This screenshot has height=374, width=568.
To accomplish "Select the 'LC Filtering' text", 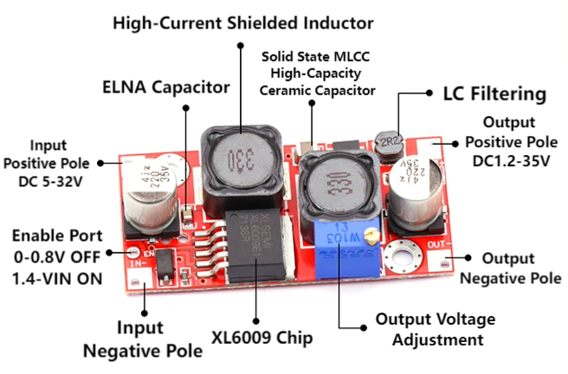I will click(x=494, y=93).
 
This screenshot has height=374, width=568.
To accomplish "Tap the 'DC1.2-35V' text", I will click(x=508, y=160).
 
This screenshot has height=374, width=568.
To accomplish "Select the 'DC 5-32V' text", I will click(x=48, y=182).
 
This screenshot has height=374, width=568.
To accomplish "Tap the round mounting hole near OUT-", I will click(x=400, y=256).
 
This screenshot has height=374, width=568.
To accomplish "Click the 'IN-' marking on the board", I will click(x=135, y=261).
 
